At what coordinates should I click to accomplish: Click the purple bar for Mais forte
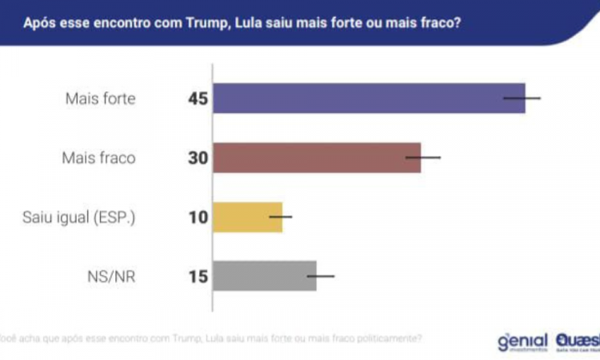click(368, 98)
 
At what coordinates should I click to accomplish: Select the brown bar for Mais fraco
click(316, 158)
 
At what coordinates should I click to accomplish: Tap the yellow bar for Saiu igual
click(247, 217)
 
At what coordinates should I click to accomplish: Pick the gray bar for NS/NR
click(264, 276)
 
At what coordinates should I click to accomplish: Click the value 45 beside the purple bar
click(198, 99)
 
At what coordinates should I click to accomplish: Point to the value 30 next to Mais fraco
click(198, 158)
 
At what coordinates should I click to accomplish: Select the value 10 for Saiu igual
click(198, 218)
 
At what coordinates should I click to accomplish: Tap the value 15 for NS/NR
click(198, 277)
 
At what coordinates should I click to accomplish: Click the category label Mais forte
click(100, 99)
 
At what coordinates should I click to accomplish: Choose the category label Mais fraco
click(98, 158)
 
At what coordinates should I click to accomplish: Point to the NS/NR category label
click(113, 277)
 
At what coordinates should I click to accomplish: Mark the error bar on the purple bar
click(522, 98)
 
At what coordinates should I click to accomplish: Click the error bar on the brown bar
click(423, 158)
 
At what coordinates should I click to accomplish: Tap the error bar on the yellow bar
click(281, 217)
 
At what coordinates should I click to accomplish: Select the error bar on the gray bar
click(321, 276)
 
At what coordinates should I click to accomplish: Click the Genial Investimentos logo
click(522, 342)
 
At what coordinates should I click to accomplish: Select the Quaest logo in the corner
click(577, 342)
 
